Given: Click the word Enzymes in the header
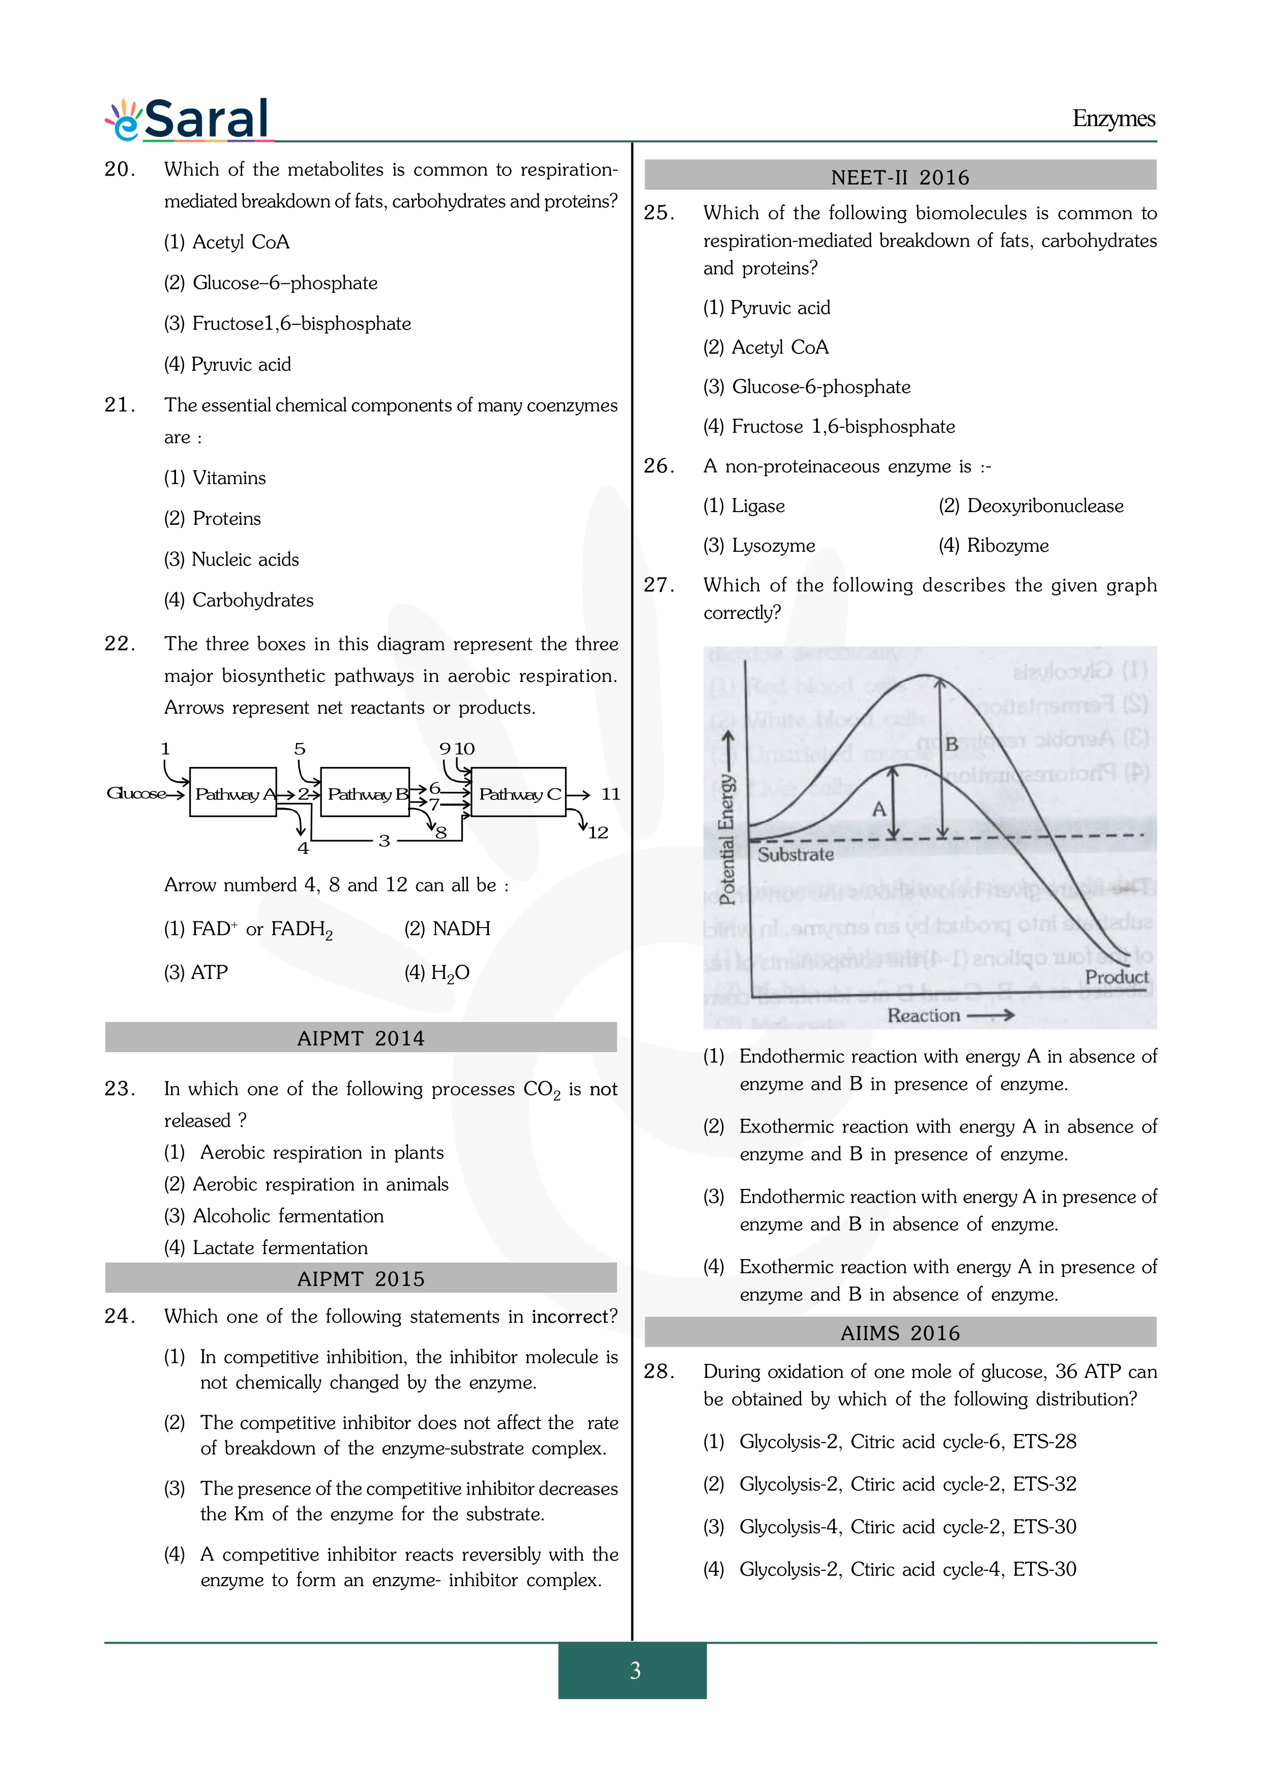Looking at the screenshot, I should pyautogui.click(x=1113, y=119).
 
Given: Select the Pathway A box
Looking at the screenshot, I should pyautogui.click(x=233, y=792).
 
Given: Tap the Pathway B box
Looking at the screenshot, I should pyautogui.click(x=365, y=792).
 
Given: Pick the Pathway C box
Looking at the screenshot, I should pyautogui.click(x=518, y=792).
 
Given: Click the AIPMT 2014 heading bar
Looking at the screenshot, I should pyautogui.click(x=361, y=1037).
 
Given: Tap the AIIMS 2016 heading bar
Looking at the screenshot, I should pyautogui.click(x=900, y=1332).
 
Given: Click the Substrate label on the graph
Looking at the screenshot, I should pyautogui.click(x=795, y=855).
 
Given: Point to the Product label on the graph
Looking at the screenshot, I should pyautogui.click(x=1116, y=977).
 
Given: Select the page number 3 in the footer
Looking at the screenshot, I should pyautogui.click(x=635, y=1670).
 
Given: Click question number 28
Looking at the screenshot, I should pyautogui.click(x=659, y=1372).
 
